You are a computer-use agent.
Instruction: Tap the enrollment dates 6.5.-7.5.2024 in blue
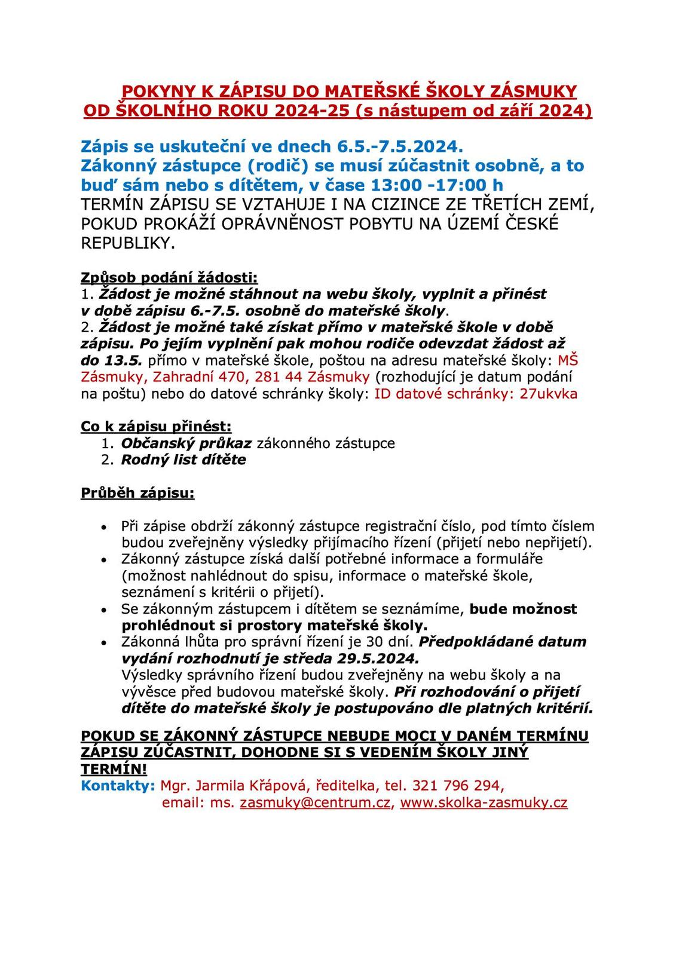[400, 146]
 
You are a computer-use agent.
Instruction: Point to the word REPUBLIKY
[129, 243]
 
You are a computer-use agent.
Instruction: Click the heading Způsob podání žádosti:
[169, 277]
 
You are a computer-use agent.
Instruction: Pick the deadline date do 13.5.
[112, 360]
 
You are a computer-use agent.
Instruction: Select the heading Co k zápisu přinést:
[156, 427]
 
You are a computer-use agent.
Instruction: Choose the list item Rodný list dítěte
[183, 460]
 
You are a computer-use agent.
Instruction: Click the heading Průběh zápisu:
[137, 494]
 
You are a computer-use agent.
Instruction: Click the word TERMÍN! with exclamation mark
[114, 769]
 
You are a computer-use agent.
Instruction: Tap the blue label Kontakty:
[118, 785]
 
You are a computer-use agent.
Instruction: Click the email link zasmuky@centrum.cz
[315, 802]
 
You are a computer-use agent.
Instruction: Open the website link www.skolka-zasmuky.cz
[484, 802]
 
